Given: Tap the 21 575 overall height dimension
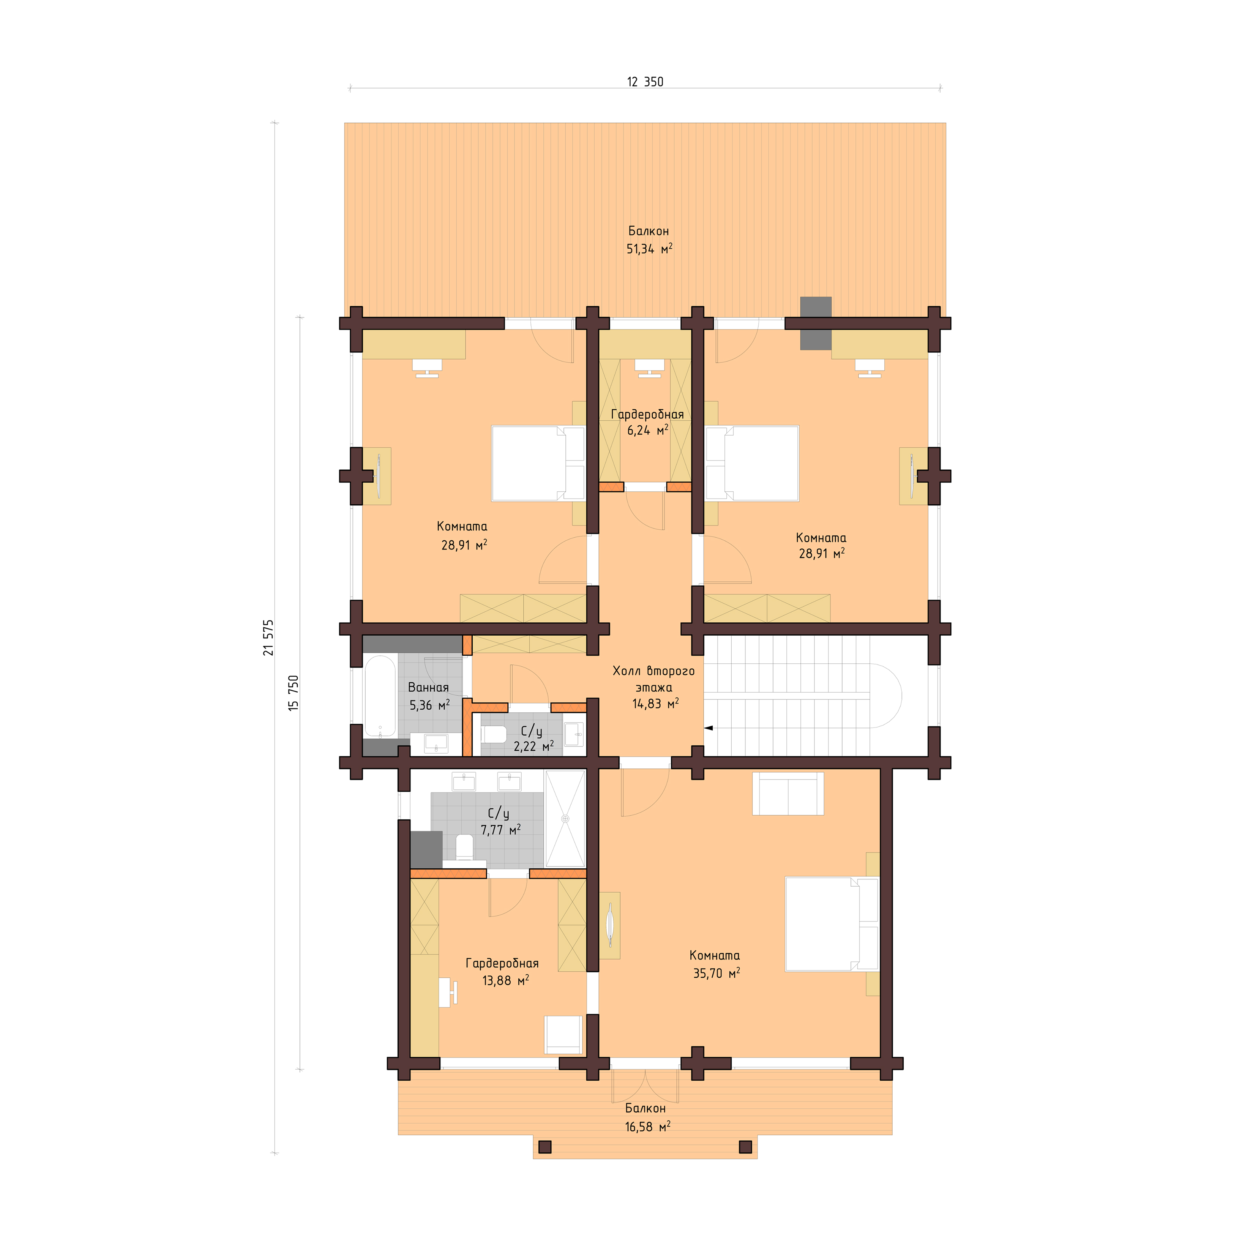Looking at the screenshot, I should coord(268,638).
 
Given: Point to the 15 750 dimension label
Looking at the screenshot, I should coord(294,693).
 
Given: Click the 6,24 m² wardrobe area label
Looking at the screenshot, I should coord(647,430).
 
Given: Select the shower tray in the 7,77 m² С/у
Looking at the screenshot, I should coord(565,819).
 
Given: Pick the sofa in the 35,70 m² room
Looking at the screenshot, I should coord(787,794).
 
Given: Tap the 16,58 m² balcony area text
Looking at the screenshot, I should coord(647,1127).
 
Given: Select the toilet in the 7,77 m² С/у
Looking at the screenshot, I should coord(464,847).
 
